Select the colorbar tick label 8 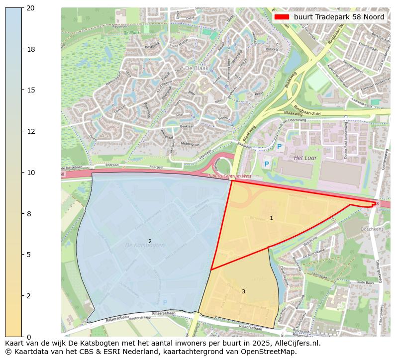pyautogui.click(x=30, y=214)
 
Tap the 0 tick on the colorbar pyautogui.click(x=30, y=337)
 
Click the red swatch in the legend pyautogui.click(x=282, y=17)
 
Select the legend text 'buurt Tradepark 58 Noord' pyautogui.click(x=339, y=17)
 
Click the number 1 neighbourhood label pyautogui.click(x=271, y=218)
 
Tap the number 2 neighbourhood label pyautogui.click(x=150, y=242)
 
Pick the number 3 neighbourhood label pyautogui.click(x=243, y=292)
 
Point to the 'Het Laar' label pyautogui.click(x=305, y=158)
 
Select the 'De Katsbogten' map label pyautogui.click(x=145, y=246)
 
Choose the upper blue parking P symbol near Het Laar pyautogui.click(x=279, y=147)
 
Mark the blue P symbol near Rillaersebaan pyautogui.click(x=165, y=302)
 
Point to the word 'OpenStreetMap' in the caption pyautogui.click(x=272, y=352)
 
